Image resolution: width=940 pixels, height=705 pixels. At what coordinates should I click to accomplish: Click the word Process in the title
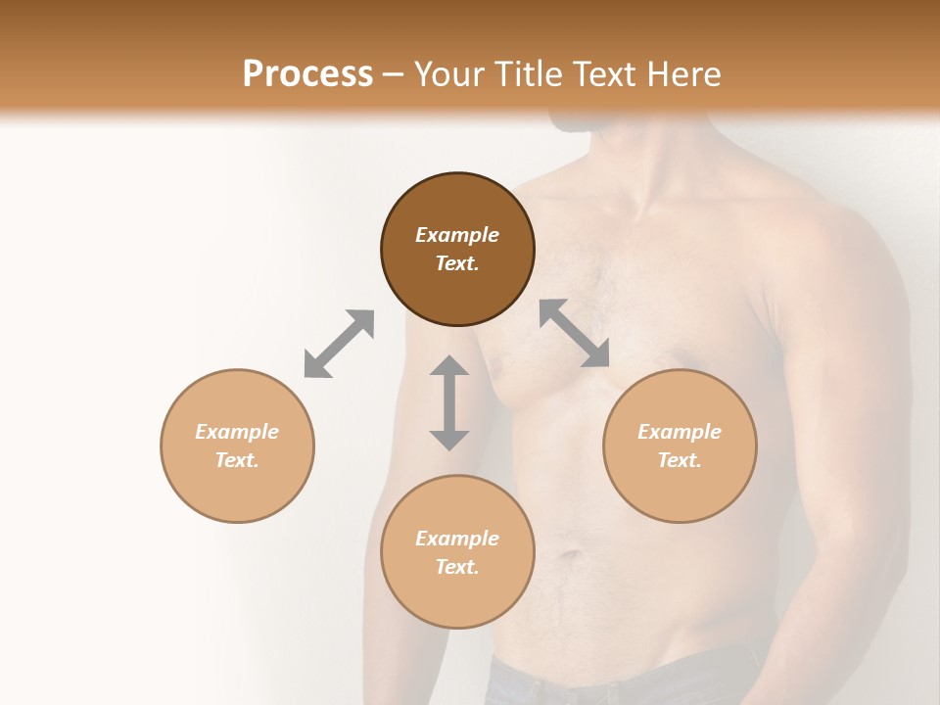coord(307,74)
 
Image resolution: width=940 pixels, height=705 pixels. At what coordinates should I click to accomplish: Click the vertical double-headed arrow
coord(449,402)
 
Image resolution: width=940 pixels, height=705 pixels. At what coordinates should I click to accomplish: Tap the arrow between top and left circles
coord(339,344)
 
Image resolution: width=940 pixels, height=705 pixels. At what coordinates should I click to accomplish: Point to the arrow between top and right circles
coord(575,333)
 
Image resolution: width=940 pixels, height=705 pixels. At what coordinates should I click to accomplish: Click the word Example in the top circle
coord(457,235)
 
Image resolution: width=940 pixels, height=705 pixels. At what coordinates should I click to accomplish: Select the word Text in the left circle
coord(237,460)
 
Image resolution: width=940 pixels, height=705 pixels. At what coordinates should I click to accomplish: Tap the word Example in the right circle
coord(680,432)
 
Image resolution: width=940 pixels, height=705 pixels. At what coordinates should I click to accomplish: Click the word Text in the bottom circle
coord(457,567)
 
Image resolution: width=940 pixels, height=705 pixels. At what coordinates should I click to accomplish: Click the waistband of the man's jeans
coord(627,676)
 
